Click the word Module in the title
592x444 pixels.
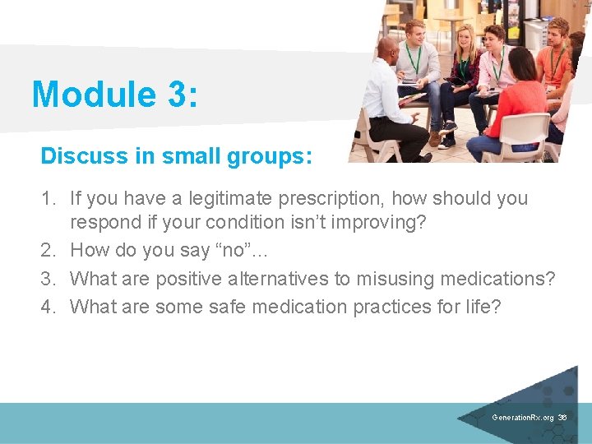pos(88,95)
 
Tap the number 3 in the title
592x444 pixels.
pos(175,95)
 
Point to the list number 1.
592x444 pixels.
pos(48,198)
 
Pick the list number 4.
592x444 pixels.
pos(48,307)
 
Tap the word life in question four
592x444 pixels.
pos(481,307)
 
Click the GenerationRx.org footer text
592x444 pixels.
pos(523,418)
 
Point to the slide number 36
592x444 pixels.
pos(562,418)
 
